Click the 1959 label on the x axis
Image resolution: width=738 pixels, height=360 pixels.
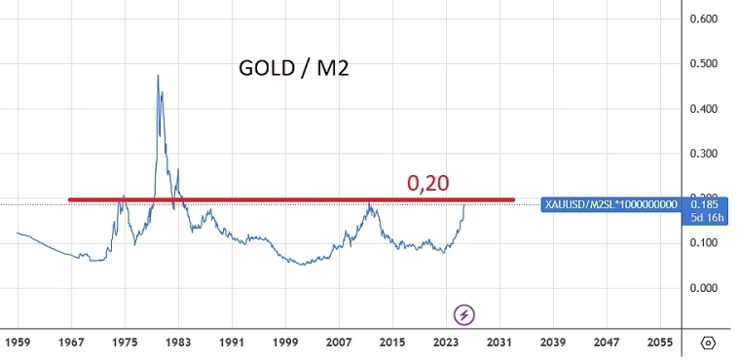pyautogui.click(x=18, y=343)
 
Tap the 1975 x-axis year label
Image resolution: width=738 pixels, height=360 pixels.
pyautogui.click(x=125, y=343)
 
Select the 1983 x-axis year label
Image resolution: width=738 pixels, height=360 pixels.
pyautogui.click(x=178, y=343)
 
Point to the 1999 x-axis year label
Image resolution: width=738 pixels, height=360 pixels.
pyautogui.click(x=285, y=343)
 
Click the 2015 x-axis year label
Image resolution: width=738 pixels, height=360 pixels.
pyautogui.click(x=392, y=343)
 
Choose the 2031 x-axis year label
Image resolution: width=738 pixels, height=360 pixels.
pyautogui.click(x=499, y=343)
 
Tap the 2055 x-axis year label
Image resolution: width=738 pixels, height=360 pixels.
pyautogui.click(x=660, y=343)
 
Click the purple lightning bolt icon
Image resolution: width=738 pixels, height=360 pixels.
pyautogui.click(x=465, y=314)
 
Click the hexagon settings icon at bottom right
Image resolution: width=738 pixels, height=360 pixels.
pyautogui.click(x=709, y=343)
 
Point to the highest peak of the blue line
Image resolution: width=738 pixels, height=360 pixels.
pyautogui.click(x=158, y=75)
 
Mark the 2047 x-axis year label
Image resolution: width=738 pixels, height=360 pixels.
pyautogui.click(x=607, y=343)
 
